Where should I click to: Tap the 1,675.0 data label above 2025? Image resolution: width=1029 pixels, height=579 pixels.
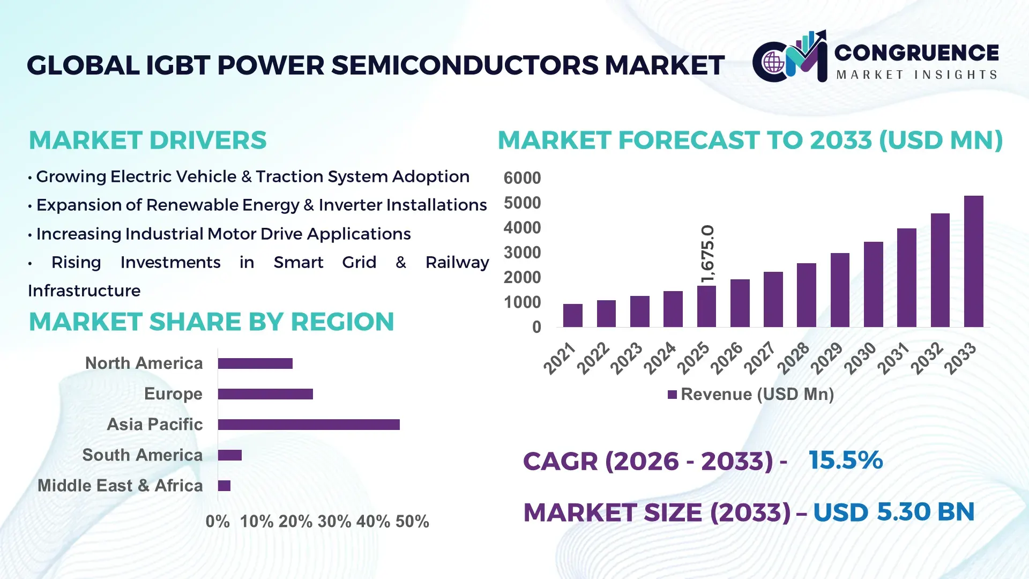click(707, 254)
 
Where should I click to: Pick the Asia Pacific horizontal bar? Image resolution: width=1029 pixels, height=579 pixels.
click(309, 425)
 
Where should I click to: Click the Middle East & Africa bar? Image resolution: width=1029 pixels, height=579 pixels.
click(224, 486)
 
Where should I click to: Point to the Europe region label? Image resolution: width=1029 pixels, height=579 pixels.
click(173, 394)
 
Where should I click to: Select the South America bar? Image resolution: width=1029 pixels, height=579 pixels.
click(229, 455)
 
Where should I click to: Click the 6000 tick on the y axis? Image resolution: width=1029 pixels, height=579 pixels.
click(522, 178)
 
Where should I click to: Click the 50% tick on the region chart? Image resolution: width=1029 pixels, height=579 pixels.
click(412, 522)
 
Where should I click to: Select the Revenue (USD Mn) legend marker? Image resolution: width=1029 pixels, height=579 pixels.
click(672, 395)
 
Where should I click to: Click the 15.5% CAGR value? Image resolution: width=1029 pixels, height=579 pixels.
click(845, 461)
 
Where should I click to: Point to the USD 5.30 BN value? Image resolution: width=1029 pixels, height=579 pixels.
click(893, 512)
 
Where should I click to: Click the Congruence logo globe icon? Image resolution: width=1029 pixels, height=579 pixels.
click(773, 63)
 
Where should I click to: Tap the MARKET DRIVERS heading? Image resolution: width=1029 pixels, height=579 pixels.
click(147, 140)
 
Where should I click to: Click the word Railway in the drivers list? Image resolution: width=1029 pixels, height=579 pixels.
click(457, 263)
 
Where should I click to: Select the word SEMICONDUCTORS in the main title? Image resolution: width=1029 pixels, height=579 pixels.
click(465, 65)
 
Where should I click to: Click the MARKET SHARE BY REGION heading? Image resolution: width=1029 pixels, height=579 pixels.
click(211, 322)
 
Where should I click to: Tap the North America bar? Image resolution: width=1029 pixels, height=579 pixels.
click(255, 363)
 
